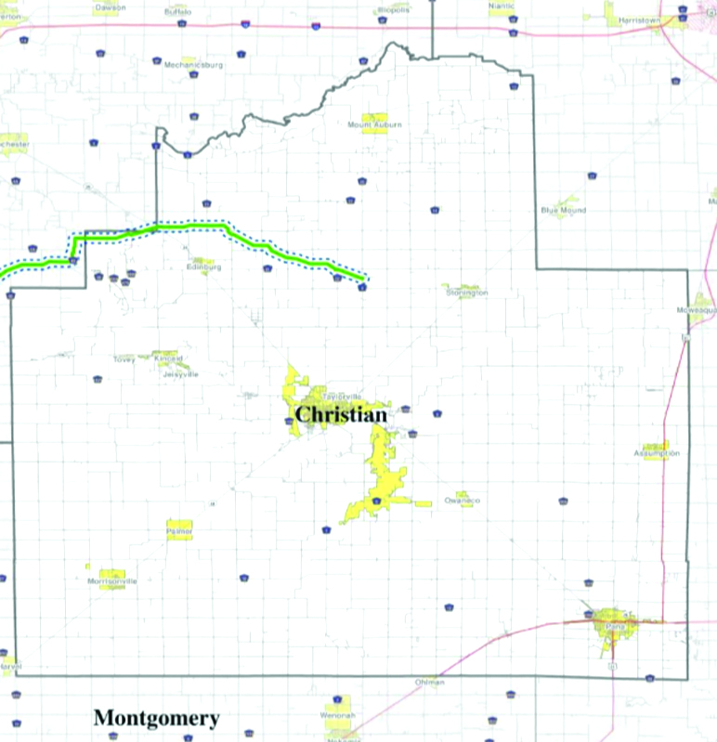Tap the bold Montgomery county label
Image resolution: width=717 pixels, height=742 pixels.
pyautogui.click(x=156, y=718)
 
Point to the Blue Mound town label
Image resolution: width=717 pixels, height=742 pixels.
pyautogui.click(x=563, y=210)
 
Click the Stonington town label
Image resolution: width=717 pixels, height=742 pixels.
pyautogui.click(x=466, y=293)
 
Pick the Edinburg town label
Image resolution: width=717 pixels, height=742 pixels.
pyautogui.click(x=203, y=267)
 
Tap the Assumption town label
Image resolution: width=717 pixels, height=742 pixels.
pyautogui.click(x=657, y=453)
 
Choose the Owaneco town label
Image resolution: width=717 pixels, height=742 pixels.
pyautogui.click(x=462, y=501)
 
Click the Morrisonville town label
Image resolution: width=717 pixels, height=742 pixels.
pyautogui.click(x=111, y=581)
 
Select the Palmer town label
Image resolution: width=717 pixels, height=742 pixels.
pyautogui.click(x=178, y=531)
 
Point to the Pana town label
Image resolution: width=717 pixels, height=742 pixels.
pyautogui.click(x=614, y=627)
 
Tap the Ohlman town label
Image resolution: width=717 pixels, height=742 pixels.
pyautogui.click(x=430, y=683)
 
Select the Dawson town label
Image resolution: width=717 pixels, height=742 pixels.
pyautogui.click(x=111, y=7)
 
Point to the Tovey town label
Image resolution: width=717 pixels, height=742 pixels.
pyautogui.click(x=124, y=358)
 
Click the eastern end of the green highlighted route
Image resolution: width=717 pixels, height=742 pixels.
pyautogui.click(x=365, y=277)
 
